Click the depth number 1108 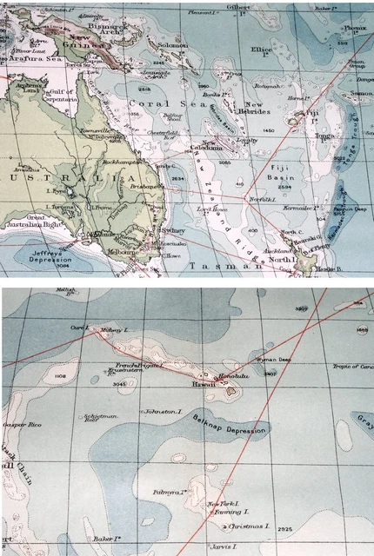tap(60, 376)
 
